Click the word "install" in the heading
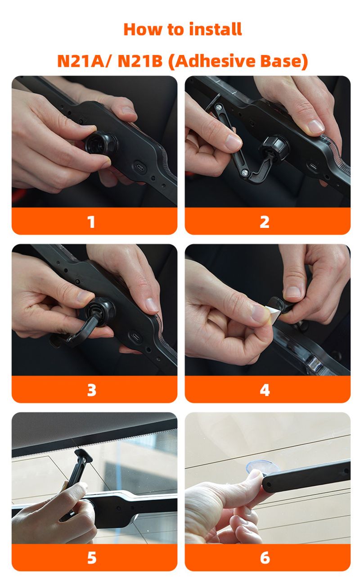click(x=216, y=29)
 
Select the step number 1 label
click(x=91, y=222)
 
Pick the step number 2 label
click(x=264, y=222)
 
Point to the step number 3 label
click(x=91, y=390)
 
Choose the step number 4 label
click(x=265, y=390)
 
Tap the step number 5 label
click(x=91, y=558)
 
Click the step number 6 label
click(x=265, y=558)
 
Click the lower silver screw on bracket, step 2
click(x=245, y=172)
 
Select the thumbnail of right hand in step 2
click(x=315, y=126)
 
